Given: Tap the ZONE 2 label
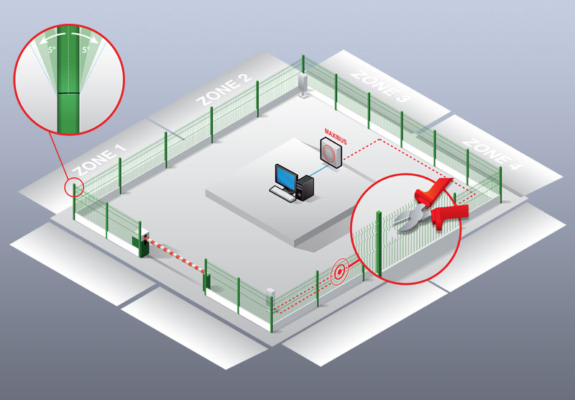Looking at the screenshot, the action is (224, 89).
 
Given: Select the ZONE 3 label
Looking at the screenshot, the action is (379, 86).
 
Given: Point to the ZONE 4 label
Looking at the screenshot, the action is (492, 154).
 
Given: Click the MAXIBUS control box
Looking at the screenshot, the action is (331, 153).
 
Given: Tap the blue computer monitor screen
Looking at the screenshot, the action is (286, 176).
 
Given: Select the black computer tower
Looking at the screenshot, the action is (305, 188).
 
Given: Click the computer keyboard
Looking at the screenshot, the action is (282, 194).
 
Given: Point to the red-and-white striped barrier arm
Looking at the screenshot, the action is (174, 254).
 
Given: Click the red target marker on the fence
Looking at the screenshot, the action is (340, 271).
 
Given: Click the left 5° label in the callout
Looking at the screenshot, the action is (52, 49).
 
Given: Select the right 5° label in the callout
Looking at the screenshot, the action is (86, 49).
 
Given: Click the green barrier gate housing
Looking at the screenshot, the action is (140, 245).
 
